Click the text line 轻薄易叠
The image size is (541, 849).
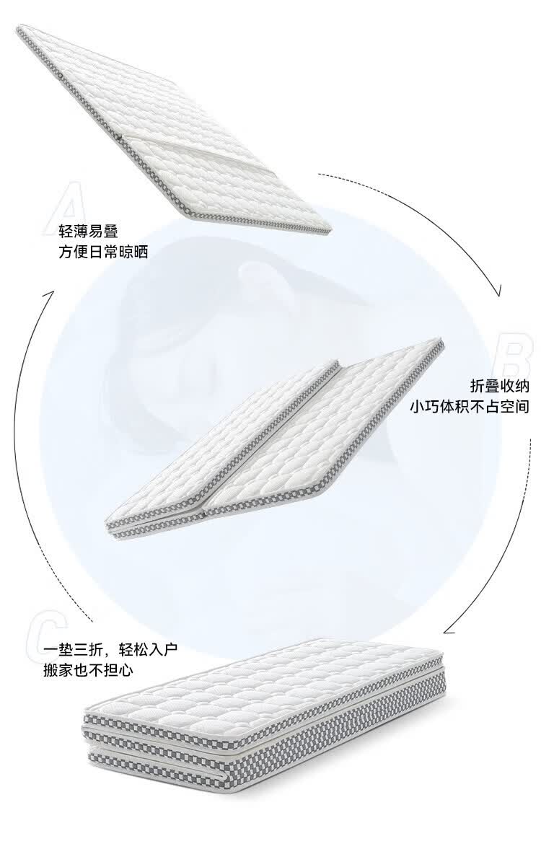coord(88,232)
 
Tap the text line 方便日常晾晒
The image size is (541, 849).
coord(103,252)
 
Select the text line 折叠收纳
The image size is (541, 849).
coord(499,385)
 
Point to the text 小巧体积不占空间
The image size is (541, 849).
coord(470,406)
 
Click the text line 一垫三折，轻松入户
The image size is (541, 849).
coord(110,649)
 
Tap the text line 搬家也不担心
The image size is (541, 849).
coord(88,670)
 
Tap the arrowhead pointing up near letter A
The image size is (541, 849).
coord(50,295)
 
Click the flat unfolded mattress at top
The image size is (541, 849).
coord(173,130)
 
